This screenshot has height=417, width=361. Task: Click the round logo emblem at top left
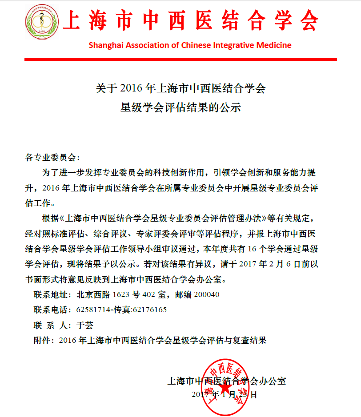tap(41, 21)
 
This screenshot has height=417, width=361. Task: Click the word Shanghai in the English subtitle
tap(106, 45)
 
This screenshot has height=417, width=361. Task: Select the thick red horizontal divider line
tap(180, 59)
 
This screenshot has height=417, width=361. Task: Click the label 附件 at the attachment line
tap(42, 341)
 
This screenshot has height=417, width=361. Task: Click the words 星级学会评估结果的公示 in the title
tap(180, 107)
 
